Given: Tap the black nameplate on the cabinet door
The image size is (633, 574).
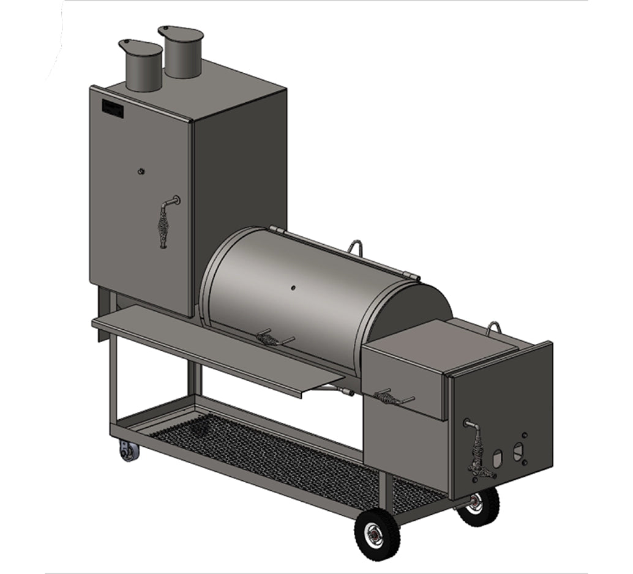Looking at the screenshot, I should pyautogui.click(x=113, y=109).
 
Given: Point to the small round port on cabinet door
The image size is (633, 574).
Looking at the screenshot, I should pyautogui.click(x=141, y=172).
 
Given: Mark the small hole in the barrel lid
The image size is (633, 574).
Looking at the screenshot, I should pyautogui.click(x=293, y=287).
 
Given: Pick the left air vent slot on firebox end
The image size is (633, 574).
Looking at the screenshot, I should pyautogui.click(x=498, y=457).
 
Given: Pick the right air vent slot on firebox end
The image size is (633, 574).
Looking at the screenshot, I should pyautogui.click(x=519, y=451).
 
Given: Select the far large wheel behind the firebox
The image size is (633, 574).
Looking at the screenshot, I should pyautogui.click(x=478, y=506).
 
